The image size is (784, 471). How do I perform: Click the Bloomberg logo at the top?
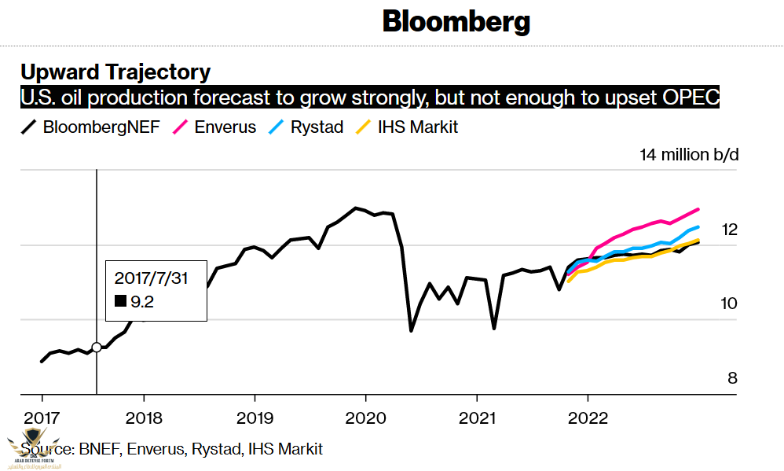pos(456,21)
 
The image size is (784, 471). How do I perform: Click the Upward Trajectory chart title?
pos(115,72)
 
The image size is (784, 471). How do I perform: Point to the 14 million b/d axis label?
pos(689,154)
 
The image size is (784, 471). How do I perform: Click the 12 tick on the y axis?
pos(730,230)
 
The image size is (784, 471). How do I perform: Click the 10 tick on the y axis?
pos(730,304)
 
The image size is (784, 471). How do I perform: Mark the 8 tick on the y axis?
pos(732,378)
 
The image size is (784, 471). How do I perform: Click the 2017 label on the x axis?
pos(41,417)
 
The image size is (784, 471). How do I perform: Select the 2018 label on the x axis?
pos(144,417)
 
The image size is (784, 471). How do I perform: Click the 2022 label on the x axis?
pos(588,417)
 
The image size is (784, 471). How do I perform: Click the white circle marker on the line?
pos(97,347)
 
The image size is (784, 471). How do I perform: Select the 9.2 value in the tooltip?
pos(142,300)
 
